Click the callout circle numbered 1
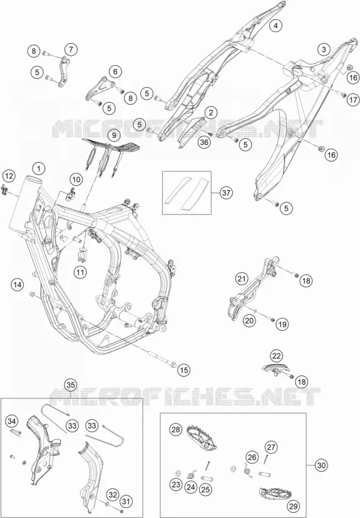39,169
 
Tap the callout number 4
275,25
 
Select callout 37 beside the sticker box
226,193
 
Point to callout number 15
184,370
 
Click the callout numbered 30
321,465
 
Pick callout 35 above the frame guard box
70,385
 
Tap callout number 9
114,135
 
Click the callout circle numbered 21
242,279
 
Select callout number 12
9,176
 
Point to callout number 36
205,142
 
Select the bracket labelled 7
63,72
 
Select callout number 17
352,99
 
